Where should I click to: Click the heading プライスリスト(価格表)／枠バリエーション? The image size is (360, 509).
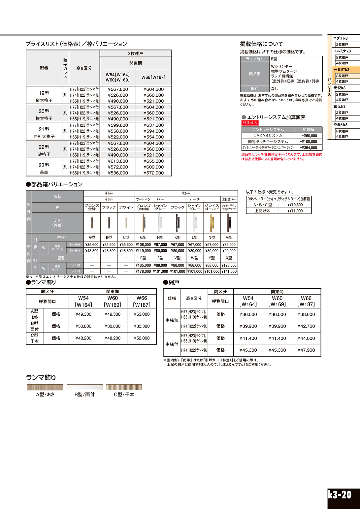pyautogui.click(x=76, y=44)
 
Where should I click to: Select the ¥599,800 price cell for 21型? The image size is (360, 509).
pyautogui.click(x=118, y=125)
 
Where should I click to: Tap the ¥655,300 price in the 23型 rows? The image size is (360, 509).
pyautogui.click(x=153, y=161)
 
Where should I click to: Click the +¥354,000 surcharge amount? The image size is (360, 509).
pyautogui.click(x=309, y=148)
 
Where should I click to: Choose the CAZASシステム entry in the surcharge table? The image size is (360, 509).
pyautogui.click(x=268, y=136)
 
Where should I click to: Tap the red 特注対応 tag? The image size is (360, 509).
pyautogui.click(x=250, y=123)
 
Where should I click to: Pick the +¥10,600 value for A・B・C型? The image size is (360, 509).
pyautogui.click(x=295, y=205)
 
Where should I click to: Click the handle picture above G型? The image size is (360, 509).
pyautogui.click(x=143, y=223)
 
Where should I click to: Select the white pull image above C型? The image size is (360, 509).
pyautogui.click(x=126, y=223)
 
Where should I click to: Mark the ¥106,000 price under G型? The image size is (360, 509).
pyautogui.click(x=143, y=245)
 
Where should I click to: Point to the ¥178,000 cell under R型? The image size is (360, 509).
pyautogui.click(x=143, y=271)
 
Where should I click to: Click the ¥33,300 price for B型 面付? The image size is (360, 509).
pyautogui.click(x=142, y=326)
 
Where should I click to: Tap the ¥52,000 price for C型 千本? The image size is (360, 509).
pyautogui.click(x=142, y=338)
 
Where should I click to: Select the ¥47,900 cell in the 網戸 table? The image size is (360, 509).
pyautogui.click(x=306, y=350)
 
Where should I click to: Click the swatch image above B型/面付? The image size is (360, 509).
pyautogui.click(x=84, y=387)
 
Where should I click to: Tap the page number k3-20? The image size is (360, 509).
pyautogui.click(x=340, y=495)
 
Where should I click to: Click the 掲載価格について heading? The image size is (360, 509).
pyautogui.click(x=262, y=44)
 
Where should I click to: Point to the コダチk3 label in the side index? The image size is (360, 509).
pyautogui.click(x=341, y=38)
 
